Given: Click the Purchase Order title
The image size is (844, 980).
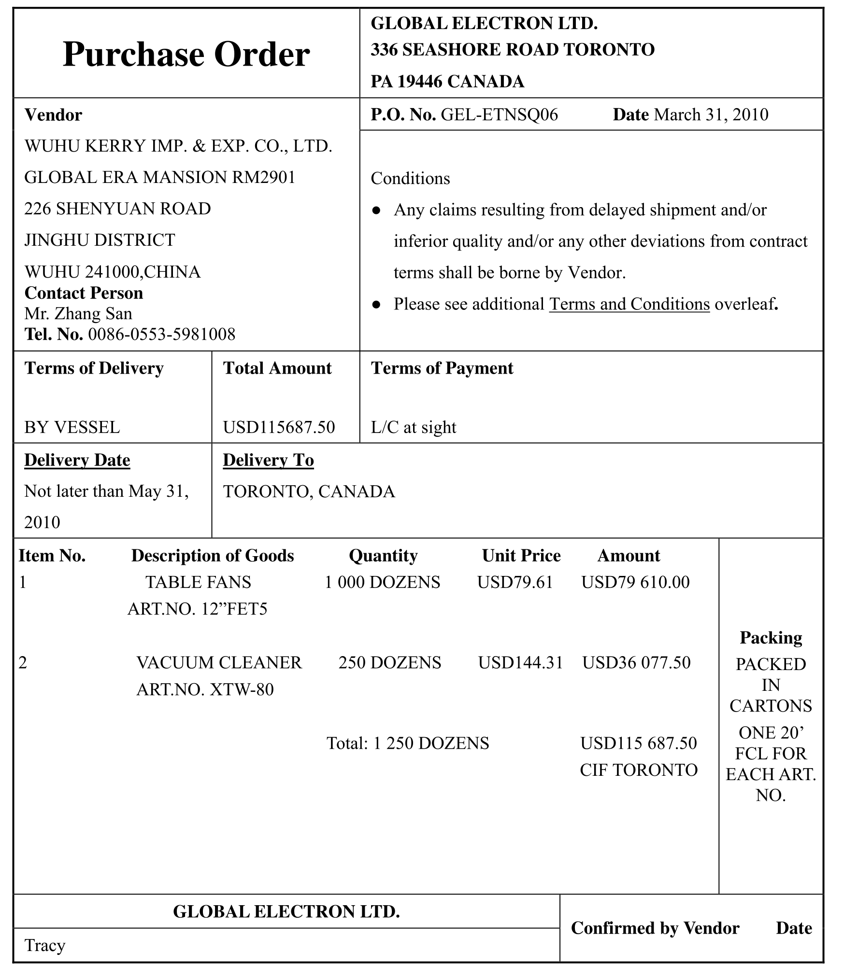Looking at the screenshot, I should (x=186, y=54).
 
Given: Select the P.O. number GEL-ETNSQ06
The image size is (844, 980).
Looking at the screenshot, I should (x=499, y=115).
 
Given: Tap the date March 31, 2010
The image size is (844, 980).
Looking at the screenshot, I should (x=711, y=115).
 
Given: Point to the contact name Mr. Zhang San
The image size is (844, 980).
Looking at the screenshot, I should (x=78, y=314).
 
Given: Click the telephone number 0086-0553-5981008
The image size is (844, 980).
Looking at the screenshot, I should (x=161, y=335).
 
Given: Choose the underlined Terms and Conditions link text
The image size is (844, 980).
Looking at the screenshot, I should (x=629, y=304).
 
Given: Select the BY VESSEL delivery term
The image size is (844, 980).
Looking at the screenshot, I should (x=72, y=427).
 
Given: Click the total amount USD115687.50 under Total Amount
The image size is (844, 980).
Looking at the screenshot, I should (x=279, y=427).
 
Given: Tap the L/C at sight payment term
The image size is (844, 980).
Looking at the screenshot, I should (x=413, y=427).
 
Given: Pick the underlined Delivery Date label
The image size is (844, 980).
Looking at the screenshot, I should (x=77, y=460).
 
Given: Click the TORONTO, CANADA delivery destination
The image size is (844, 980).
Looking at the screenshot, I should (x=309, y=491).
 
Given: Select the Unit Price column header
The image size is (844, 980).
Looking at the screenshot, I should (x=521, y=556).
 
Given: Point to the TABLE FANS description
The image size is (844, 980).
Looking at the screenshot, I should (x=198, y=582).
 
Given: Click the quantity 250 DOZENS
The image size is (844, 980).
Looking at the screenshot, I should (x=389, y=662).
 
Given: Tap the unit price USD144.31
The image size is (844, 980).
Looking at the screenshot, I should (x=520, y=662).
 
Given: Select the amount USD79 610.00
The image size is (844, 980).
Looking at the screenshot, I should (x=635, y=582).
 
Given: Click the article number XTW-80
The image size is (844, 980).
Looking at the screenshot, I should (x=242, y=689).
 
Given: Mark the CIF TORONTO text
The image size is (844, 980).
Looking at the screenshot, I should (x=638, y=770).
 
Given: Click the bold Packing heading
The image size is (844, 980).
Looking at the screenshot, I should (x=771, y=638).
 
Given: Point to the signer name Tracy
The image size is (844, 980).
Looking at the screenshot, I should (x=45, y=945).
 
